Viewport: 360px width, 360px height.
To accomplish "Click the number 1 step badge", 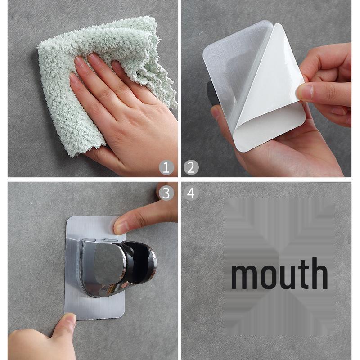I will tap(166, 168).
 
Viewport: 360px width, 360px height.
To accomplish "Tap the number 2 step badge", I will tap(191, 168).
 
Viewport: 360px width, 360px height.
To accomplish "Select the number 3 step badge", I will tap(166, 193).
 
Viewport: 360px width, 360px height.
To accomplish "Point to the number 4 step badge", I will tap(191, 193).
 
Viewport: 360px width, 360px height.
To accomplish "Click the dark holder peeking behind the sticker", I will tap(210, 94).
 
